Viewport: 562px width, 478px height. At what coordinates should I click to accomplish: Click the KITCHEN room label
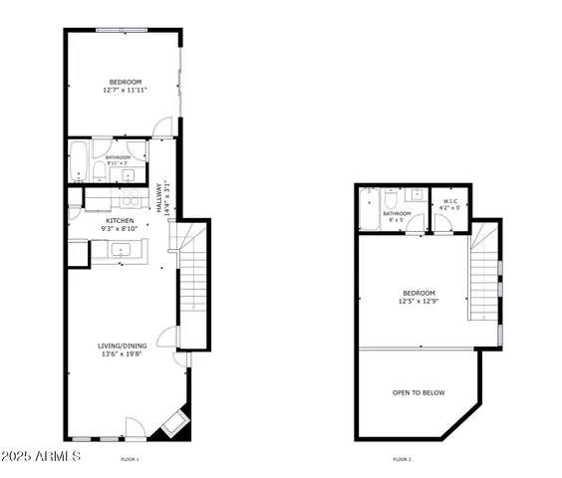(x=121, y=220)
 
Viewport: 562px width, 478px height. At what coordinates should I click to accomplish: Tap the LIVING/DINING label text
(x=122, y=346)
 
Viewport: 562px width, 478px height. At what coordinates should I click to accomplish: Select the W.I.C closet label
(x=449, y=201)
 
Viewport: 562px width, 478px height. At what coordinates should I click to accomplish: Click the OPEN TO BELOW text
(x=418, y=392)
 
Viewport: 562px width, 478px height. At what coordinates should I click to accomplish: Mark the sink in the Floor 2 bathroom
(x=419, y=194)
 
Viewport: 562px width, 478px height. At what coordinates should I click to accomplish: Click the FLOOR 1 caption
(x=130, y=459)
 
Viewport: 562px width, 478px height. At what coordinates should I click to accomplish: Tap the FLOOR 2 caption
(x=402, y=459)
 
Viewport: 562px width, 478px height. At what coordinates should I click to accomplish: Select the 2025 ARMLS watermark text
(x=41, y=456)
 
